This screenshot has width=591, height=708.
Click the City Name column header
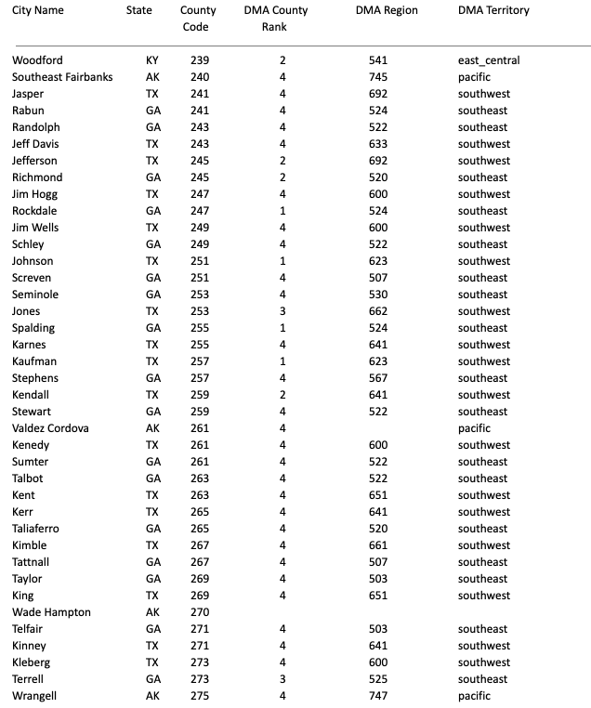tap(38, 11)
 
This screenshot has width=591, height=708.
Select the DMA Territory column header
tap(493, 11)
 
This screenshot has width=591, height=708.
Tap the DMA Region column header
tap(387, 11)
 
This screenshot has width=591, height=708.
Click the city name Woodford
tap(37, 60)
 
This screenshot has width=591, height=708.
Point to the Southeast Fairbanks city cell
tap(62, 77)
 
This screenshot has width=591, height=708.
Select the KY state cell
tap(152, 60)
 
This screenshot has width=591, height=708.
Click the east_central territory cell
tap(489, 60)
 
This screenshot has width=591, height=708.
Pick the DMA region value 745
tap(377, 77)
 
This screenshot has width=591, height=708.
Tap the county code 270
tap(200, 612)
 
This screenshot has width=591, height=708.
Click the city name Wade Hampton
tap(51, 612)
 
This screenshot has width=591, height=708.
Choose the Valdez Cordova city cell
tap(50, 428)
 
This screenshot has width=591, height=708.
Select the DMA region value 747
tap(377, 696)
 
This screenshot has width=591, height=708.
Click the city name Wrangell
tap(34, 696)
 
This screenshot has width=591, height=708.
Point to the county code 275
tap(200, 696)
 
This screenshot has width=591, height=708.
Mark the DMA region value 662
tap(377, 311)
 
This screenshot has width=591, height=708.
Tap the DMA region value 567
tap(377, 378)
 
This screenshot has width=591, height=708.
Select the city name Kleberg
tap(32, 662)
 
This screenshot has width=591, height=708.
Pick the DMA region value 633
tap(377, 144)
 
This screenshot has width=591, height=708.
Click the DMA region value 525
tap(377, 679)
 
